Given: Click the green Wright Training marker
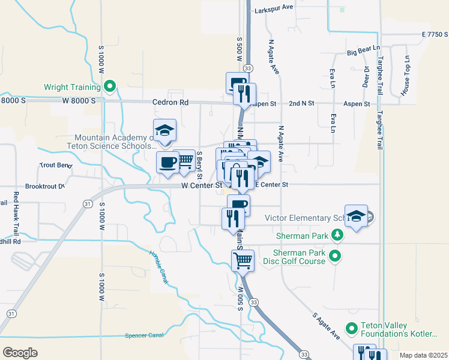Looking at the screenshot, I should [109, 87].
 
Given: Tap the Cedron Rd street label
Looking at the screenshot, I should [170, 103].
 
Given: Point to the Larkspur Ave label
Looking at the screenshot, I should [273, 7].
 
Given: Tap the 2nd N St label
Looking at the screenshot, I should [301, 104].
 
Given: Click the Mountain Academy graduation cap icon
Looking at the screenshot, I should [164, 131].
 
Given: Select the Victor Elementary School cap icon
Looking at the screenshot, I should [356, 217].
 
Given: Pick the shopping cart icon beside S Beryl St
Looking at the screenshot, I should [185, 160].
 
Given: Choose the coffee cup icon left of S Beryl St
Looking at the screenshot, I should [167, 162].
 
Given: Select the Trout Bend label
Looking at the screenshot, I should [55, 165].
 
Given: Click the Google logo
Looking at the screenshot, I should [20, 352].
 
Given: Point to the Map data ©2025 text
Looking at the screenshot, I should [423, 355].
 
